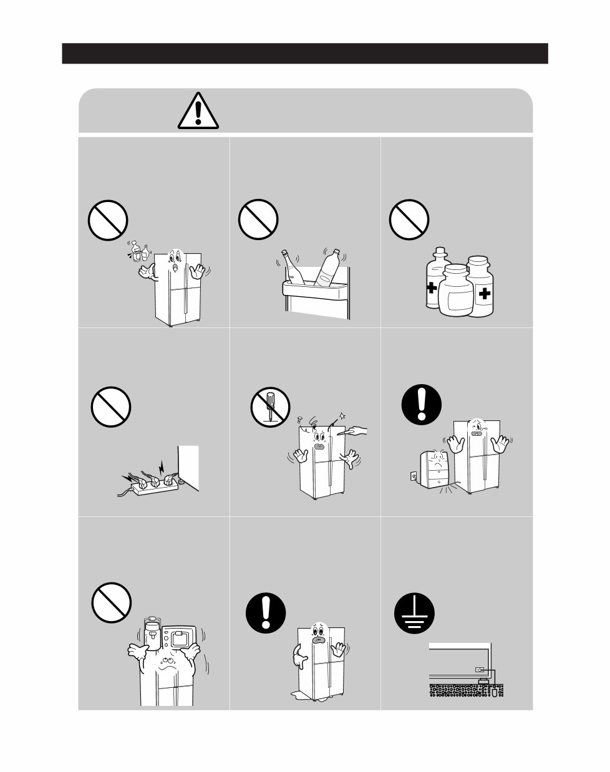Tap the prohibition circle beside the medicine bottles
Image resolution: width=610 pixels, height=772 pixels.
coord(410,220)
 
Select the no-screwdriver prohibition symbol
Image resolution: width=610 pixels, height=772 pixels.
coord(269,407)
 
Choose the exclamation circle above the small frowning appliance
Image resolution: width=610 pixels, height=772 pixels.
coord(421,403)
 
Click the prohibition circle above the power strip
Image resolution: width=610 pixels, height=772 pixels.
coord(111,407)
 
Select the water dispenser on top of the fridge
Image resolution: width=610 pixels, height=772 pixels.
coord(152,636)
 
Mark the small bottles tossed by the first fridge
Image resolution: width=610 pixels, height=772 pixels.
coord(140,251)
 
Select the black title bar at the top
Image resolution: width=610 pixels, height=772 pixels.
coord(305,54)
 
